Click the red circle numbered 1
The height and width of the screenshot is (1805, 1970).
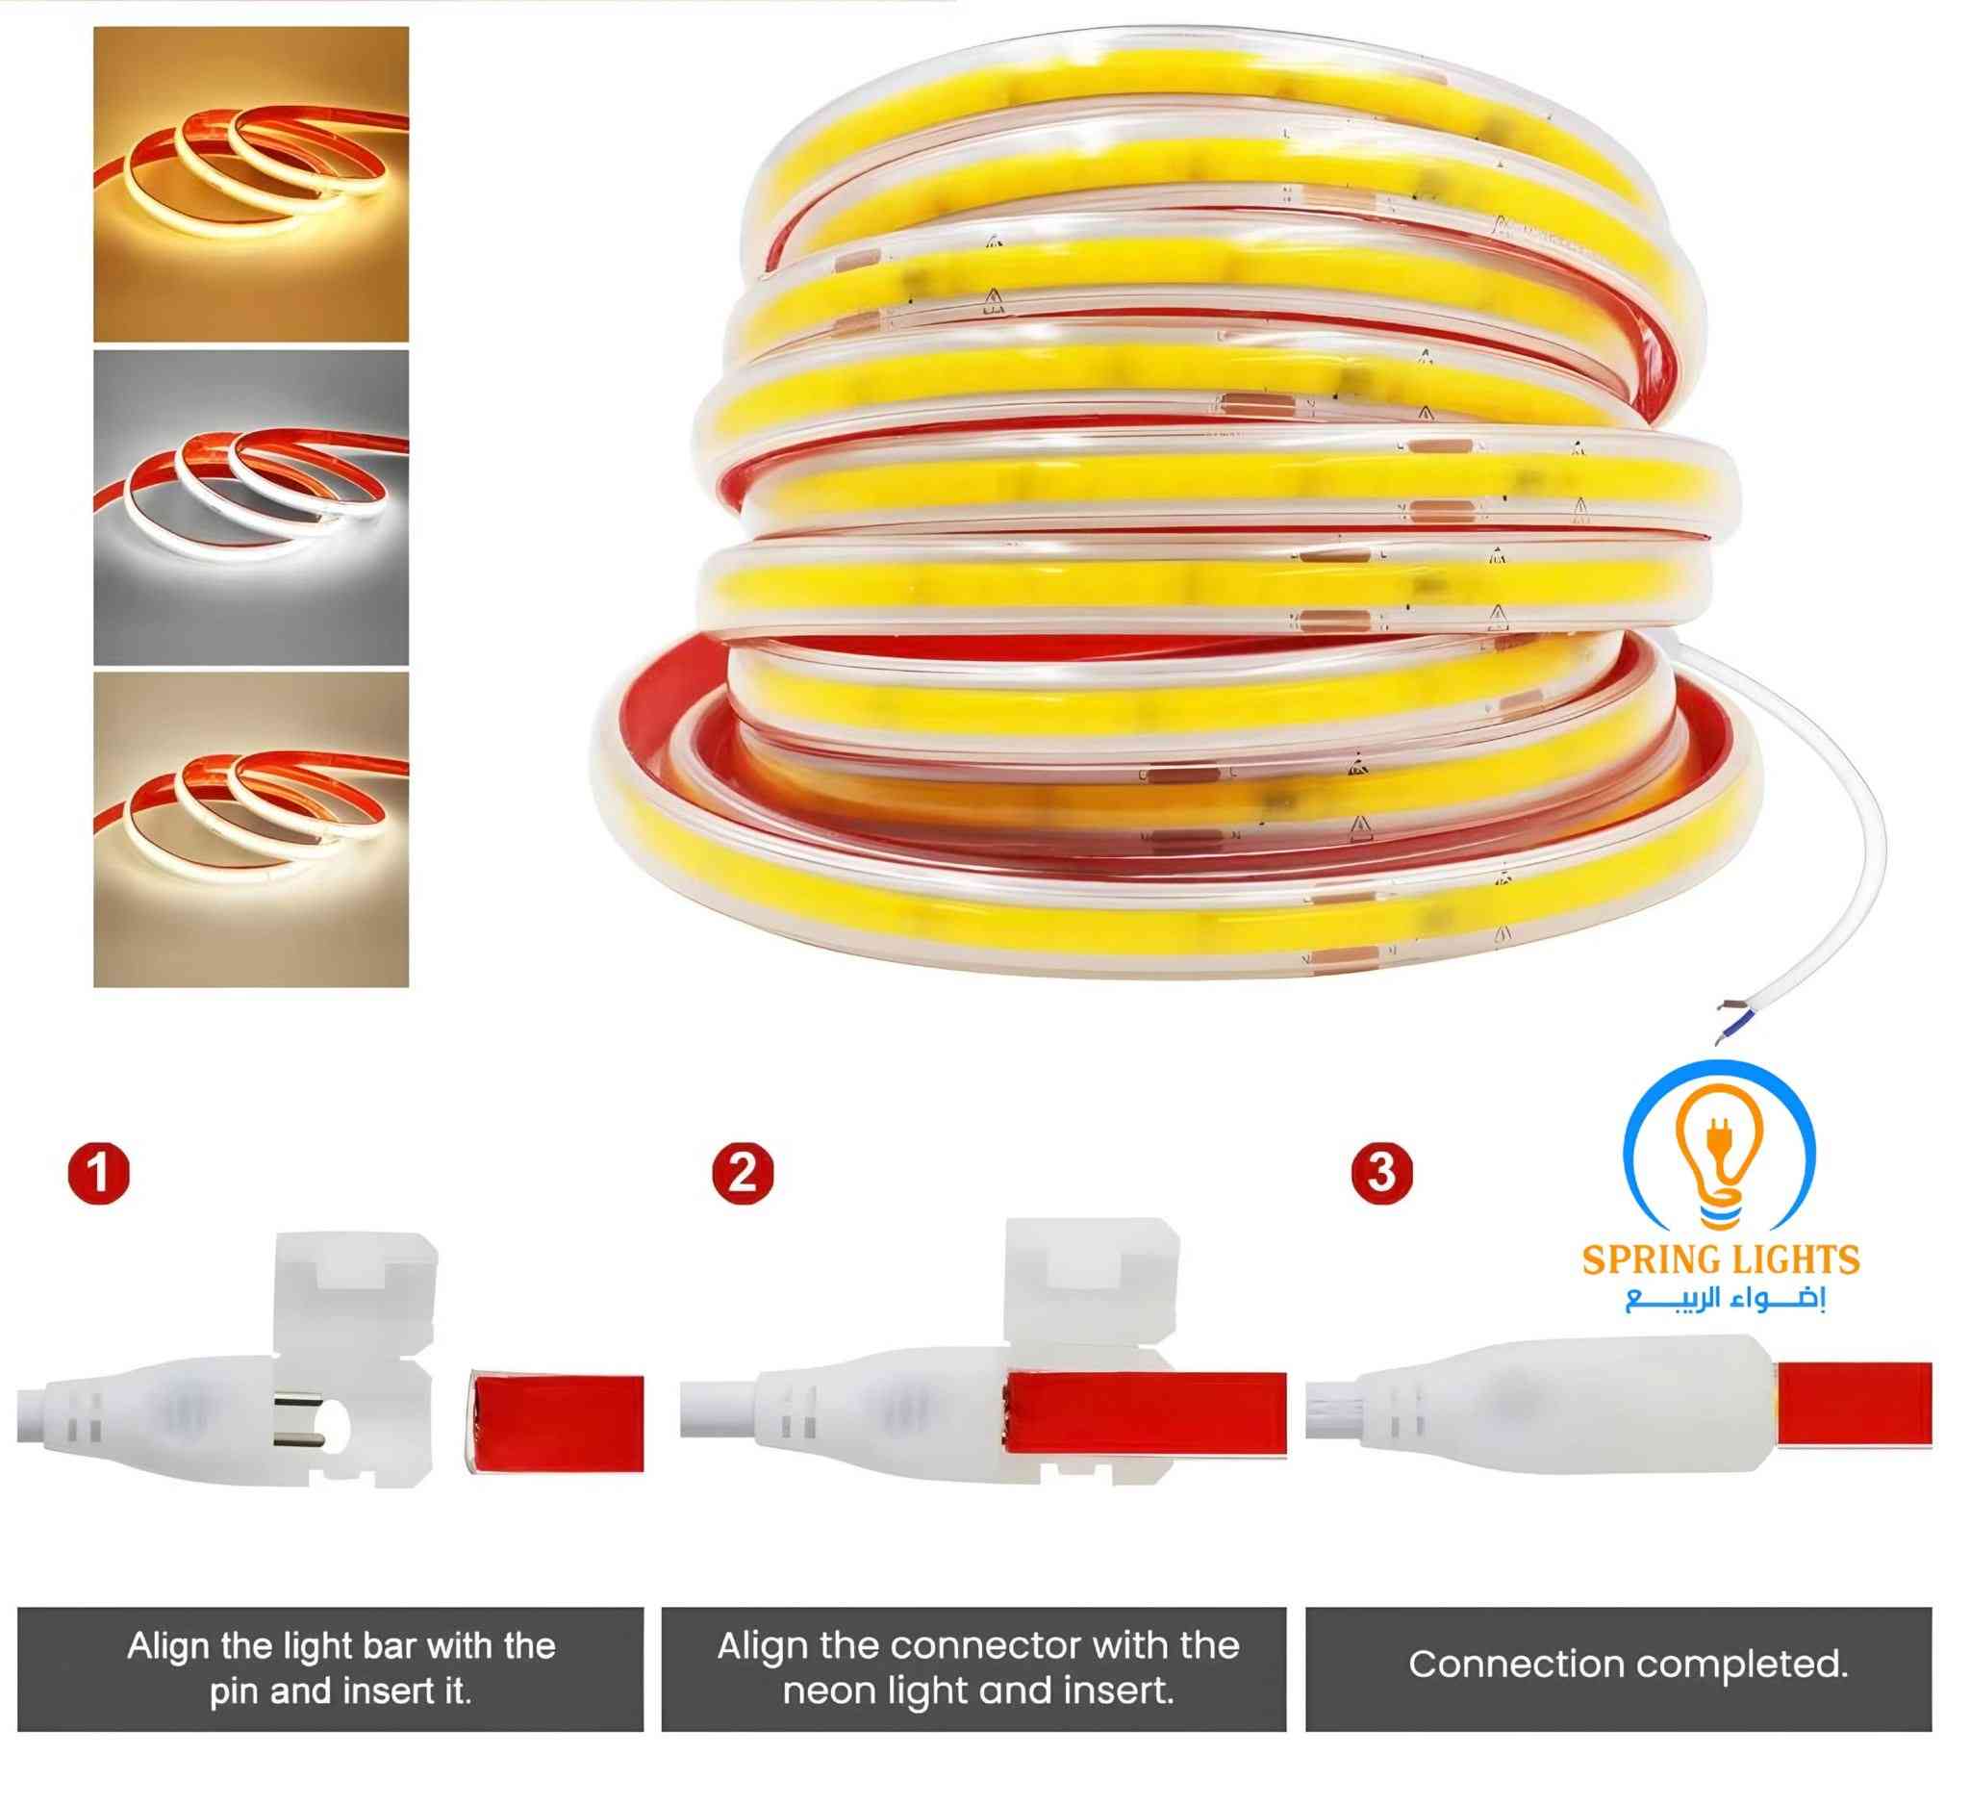[100, 1173]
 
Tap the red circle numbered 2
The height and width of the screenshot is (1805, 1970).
[743, 1172]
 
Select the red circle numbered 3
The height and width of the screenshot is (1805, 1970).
[1381, 1172]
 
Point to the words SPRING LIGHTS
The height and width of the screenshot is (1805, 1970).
[1721, 1259]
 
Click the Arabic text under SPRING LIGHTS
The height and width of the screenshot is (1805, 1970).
[1726, 1300]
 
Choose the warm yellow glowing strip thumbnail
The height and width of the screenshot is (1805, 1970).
[251, 184]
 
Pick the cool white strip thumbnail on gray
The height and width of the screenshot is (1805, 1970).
[251, 507]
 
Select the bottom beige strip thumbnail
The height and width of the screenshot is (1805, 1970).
[251, 829]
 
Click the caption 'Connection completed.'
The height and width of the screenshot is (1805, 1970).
[1628, 1665]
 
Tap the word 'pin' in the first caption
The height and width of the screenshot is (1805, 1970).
[234, 1691]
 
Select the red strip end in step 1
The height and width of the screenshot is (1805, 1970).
[557, 1422]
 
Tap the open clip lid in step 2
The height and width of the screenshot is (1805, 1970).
[1092, 1278]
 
